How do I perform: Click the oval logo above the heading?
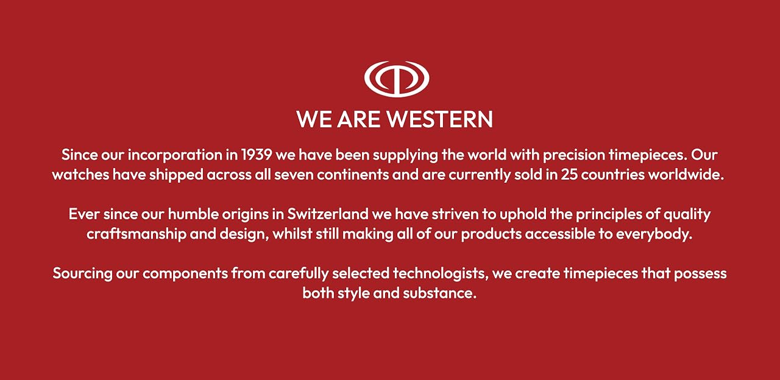pyautogui.click(x=397, y=90)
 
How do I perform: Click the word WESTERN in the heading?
pyautogui.click(x=440, y=119)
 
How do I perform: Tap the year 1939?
pyautogui.click(x=257, y=155)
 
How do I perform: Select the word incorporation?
pyautogui.click(x=175, y=155)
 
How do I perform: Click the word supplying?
pyautogui.click(x=405, y=155)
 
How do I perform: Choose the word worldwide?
pyautogui.click(x=686, y=174)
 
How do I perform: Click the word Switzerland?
pyautogui.click(x=328, y=214)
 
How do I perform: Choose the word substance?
pyautogui.click(x=439, y=293)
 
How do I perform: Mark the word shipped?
pyautogui.click(x=176, y=175)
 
